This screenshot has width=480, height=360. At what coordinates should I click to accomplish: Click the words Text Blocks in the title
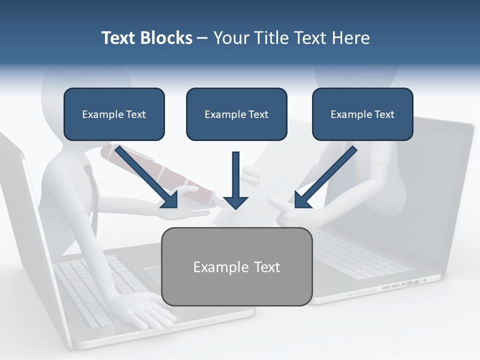[x=146, y=38]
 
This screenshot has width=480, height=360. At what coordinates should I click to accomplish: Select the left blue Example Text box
[x=114, y=114]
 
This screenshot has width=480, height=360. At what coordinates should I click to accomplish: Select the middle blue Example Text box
[x=236, y=114]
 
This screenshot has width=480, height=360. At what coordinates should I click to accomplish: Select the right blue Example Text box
[x=362, y=114]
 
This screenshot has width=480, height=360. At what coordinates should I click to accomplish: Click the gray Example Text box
[x=237, y=266]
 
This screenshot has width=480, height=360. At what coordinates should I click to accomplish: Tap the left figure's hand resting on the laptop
[x=145, y=307]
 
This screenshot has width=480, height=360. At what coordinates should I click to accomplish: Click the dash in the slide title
[x=202, y=38]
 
